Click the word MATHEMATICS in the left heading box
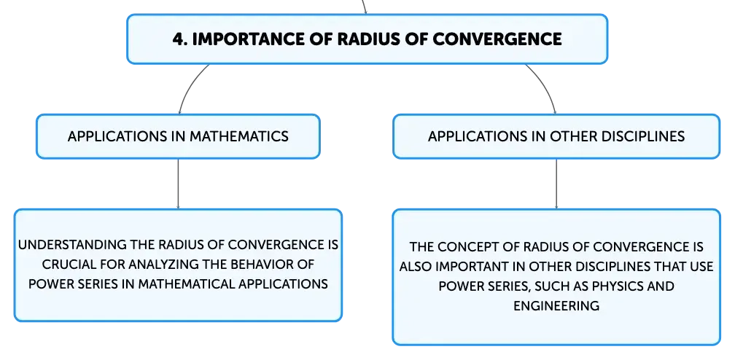click(x=238, y=136)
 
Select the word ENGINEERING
click(x=556, y=306)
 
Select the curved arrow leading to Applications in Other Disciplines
click(x=545, y=85)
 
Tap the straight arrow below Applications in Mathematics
click(x=178, y=184)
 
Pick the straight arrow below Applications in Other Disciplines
click(x=556, y=184)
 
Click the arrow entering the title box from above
click(x=365, y=7)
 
